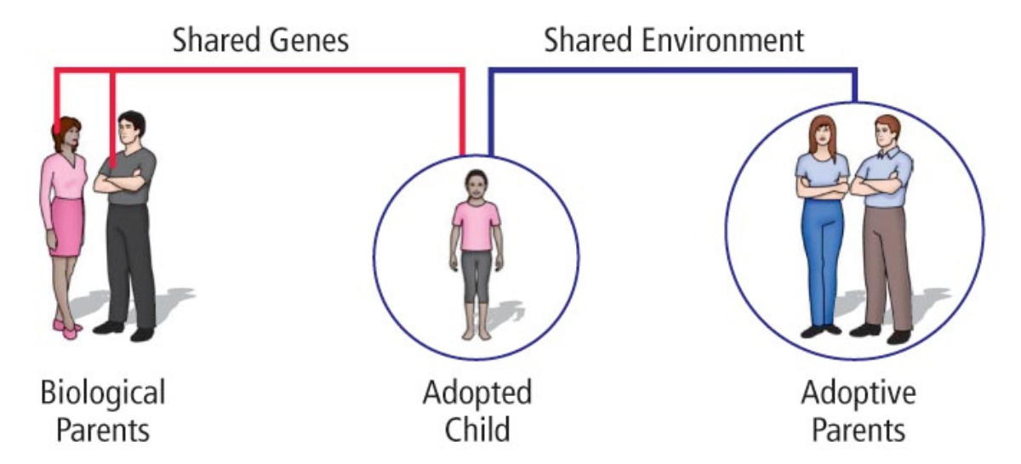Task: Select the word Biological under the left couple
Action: (103, 393)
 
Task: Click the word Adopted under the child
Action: (477, 393)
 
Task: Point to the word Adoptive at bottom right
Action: (858, 393)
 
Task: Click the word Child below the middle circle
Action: (477, 429)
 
